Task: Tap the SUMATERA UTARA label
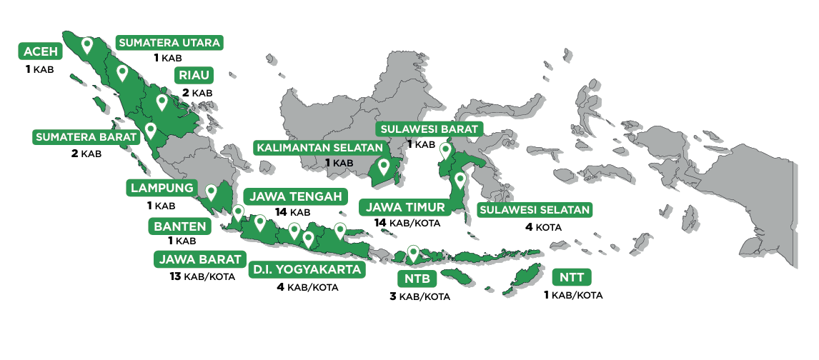[169, 43]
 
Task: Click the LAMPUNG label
[161, 189]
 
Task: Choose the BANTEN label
[180, 227]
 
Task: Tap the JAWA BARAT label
[200, 259]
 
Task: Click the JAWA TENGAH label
[296, 196]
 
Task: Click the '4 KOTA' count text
[543, 228]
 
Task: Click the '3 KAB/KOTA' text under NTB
[420, 296]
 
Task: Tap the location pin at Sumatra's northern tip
[86, 46]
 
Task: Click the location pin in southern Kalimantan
[384, 167]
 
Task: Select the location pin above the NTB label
[412, 252]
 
